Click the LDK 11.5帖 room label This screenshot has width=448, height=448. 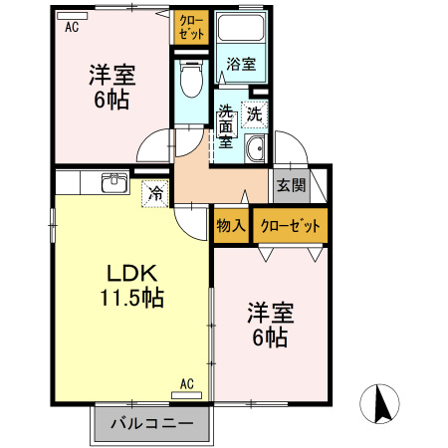coord(131,286)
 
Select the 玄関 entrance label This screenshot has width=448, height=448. coord(291,185)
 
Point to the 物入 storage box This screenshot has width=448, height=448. coord(231,225)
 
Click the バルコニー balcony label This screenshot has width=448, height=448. coord(152,425)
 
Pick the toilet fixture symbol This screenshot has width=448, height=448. coord(190,80)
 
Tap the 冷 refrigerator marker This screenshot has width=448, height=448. coord(155,193)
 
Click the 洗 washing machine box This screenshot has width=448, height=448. coord(255,113)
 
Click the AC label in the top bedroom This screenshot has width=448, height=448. coord(72,28)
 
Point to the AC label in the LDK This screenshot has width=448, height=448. coord(186,383)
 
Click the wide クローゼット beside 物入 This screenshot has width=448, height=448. coord(290,226)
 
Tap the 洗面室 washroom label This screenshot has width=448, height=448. coord(226,126)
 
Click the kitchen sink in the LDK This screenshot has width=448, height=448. coord(112,182)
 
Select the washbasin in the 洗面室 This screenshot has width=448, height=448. coord(255,150)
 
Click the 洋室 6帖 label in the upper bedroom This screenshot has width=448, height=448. coord(112,86)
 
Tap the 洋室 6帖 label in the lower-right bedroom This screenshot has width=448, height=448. coord(268,326)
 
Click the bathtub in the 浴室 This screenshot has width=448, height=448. coord(240,33)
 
